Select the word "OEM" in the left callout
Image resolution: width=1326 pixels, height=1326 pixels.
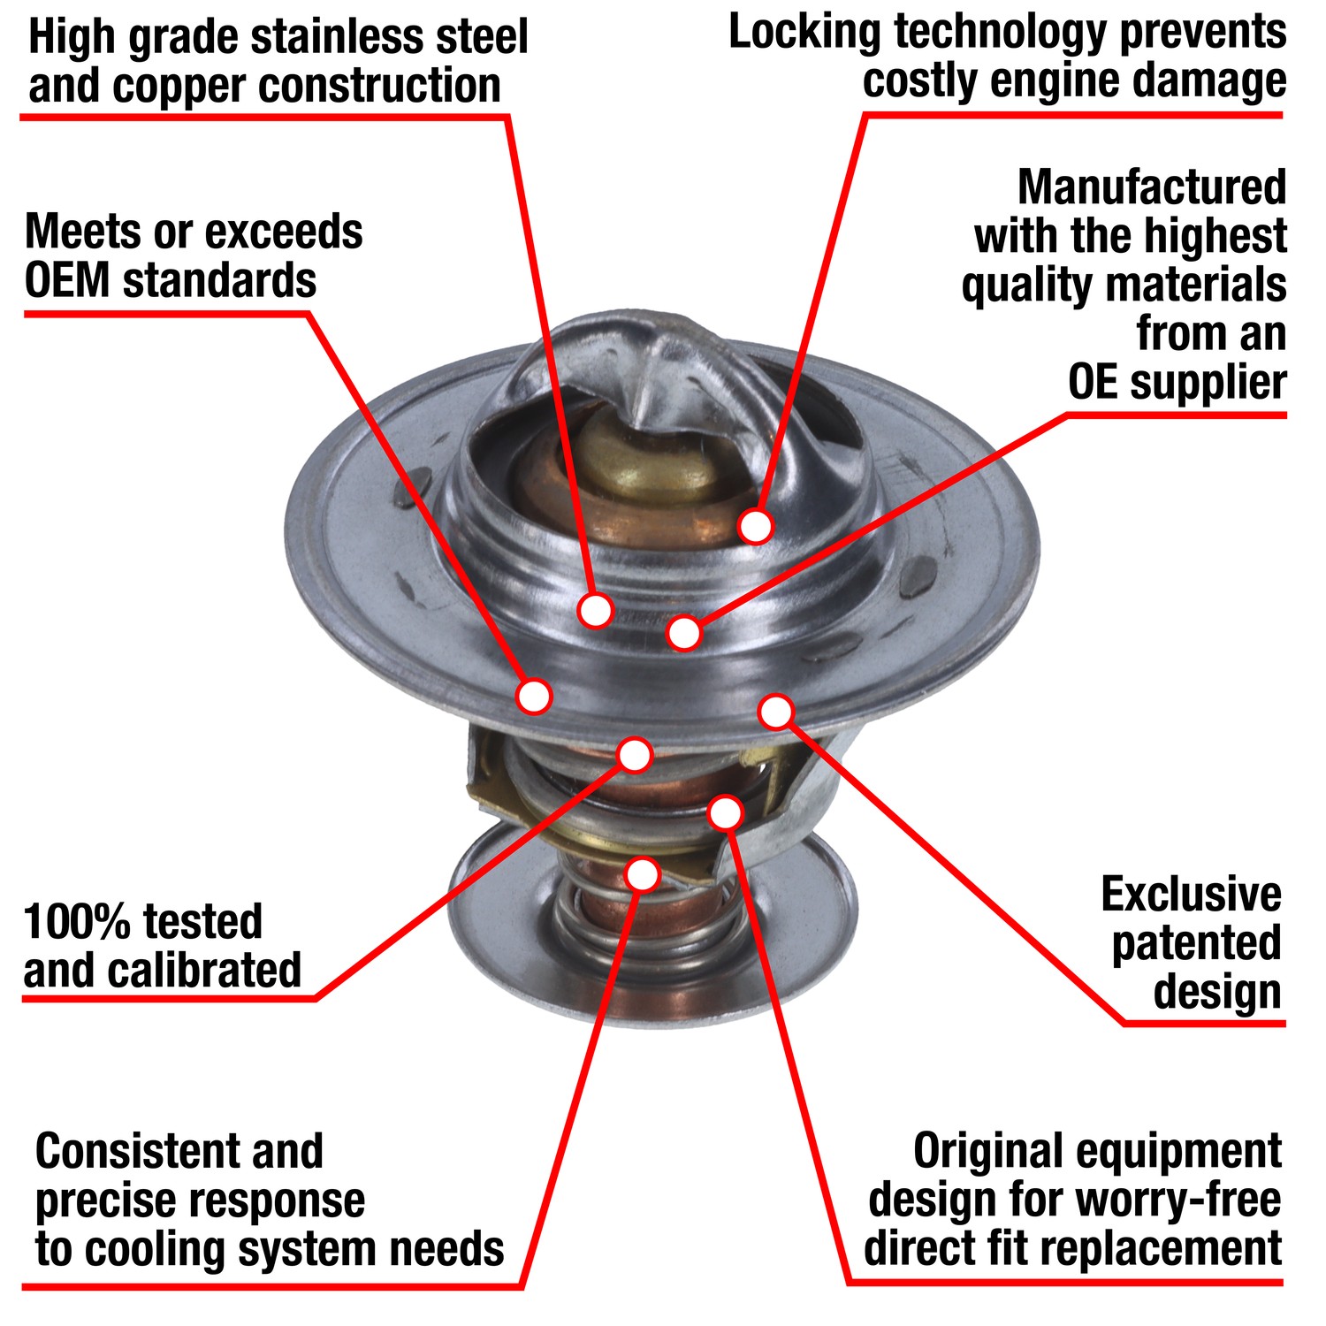point(67,282)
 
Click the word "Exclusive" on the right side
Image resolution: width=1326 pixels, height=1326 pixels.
point(1191,895)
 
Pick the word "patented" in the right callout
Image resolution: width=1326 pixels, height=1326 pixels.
point(1196,943)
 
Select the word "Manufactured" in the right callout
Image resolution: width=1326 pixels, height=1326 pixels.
point(1151,187)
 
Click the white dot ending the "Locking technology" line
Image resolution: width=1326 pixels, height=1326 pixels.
point(756,526)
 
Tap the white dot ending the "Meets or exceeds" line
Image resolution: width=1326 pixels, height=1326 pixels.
point(534,697)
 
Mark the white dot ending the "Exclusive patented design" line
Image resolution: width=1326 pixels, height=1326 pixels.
point(776,711)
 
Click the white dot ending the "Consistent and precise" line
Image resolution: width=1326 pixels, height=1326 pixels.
point(643,873)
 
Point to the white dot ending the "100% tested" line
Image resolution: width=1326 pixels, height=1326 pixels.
point(635,754)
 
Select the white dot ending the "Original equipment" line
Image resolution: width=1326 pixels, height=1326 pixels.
point(726,812)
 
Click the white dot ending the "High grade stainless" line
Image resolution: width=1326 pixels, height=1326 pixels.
point(596,609)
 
